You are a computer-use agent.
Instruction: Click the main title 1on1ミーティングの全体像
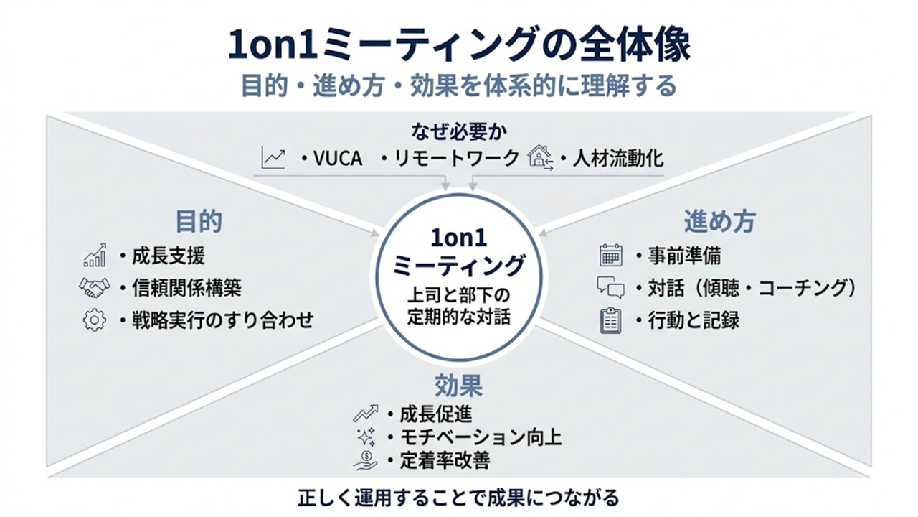point(459,46)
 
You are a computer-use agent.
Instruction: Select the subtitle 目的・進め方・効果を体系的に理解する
point(459,86)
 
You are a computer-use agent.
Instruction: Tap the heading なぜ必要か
point(459,131)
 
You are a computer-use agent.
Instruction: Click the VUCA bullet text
point(337,159)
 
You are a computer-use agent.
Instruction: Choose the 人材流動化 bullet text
point(617,159)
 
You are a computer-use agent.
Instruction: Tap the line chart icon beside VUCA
point(273,158)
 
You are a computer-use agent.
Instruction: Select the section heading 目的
point(199,221)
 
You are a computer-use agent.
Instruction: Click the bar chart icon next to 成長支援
point(95,256)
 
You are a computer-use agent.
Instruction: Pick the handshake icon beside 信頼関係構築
point(94,288)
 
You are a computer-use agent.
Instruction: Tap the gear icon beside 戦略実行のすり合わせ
point(94,320)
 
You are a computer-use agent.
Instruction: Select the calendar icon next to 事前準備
point(610,256)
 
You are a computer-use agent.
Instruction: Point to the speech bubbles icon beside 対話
point(610,288)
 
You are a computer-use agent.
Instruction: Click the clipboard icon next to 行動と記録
point(610,320)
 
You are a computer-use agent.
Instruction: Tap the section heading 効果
point(459,386)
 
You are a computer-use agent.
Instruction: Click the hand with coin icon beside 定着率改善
point(366,460)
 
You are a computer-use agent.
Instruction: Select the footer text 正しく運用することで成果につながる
point(459,497)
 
